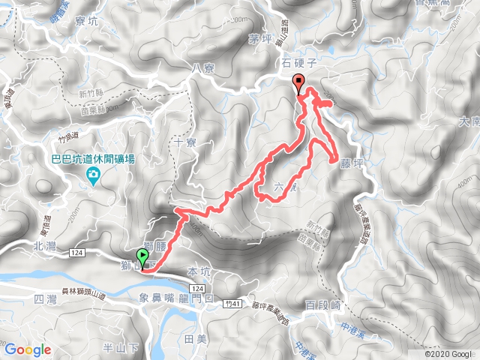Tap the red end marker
point(300,84)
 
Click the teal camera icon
point(93,177)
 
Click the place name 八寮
point(203,68)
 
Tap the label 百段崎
point(323,304)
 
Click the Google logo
point(28,349)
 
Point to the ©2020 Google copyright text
point(448,354)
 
